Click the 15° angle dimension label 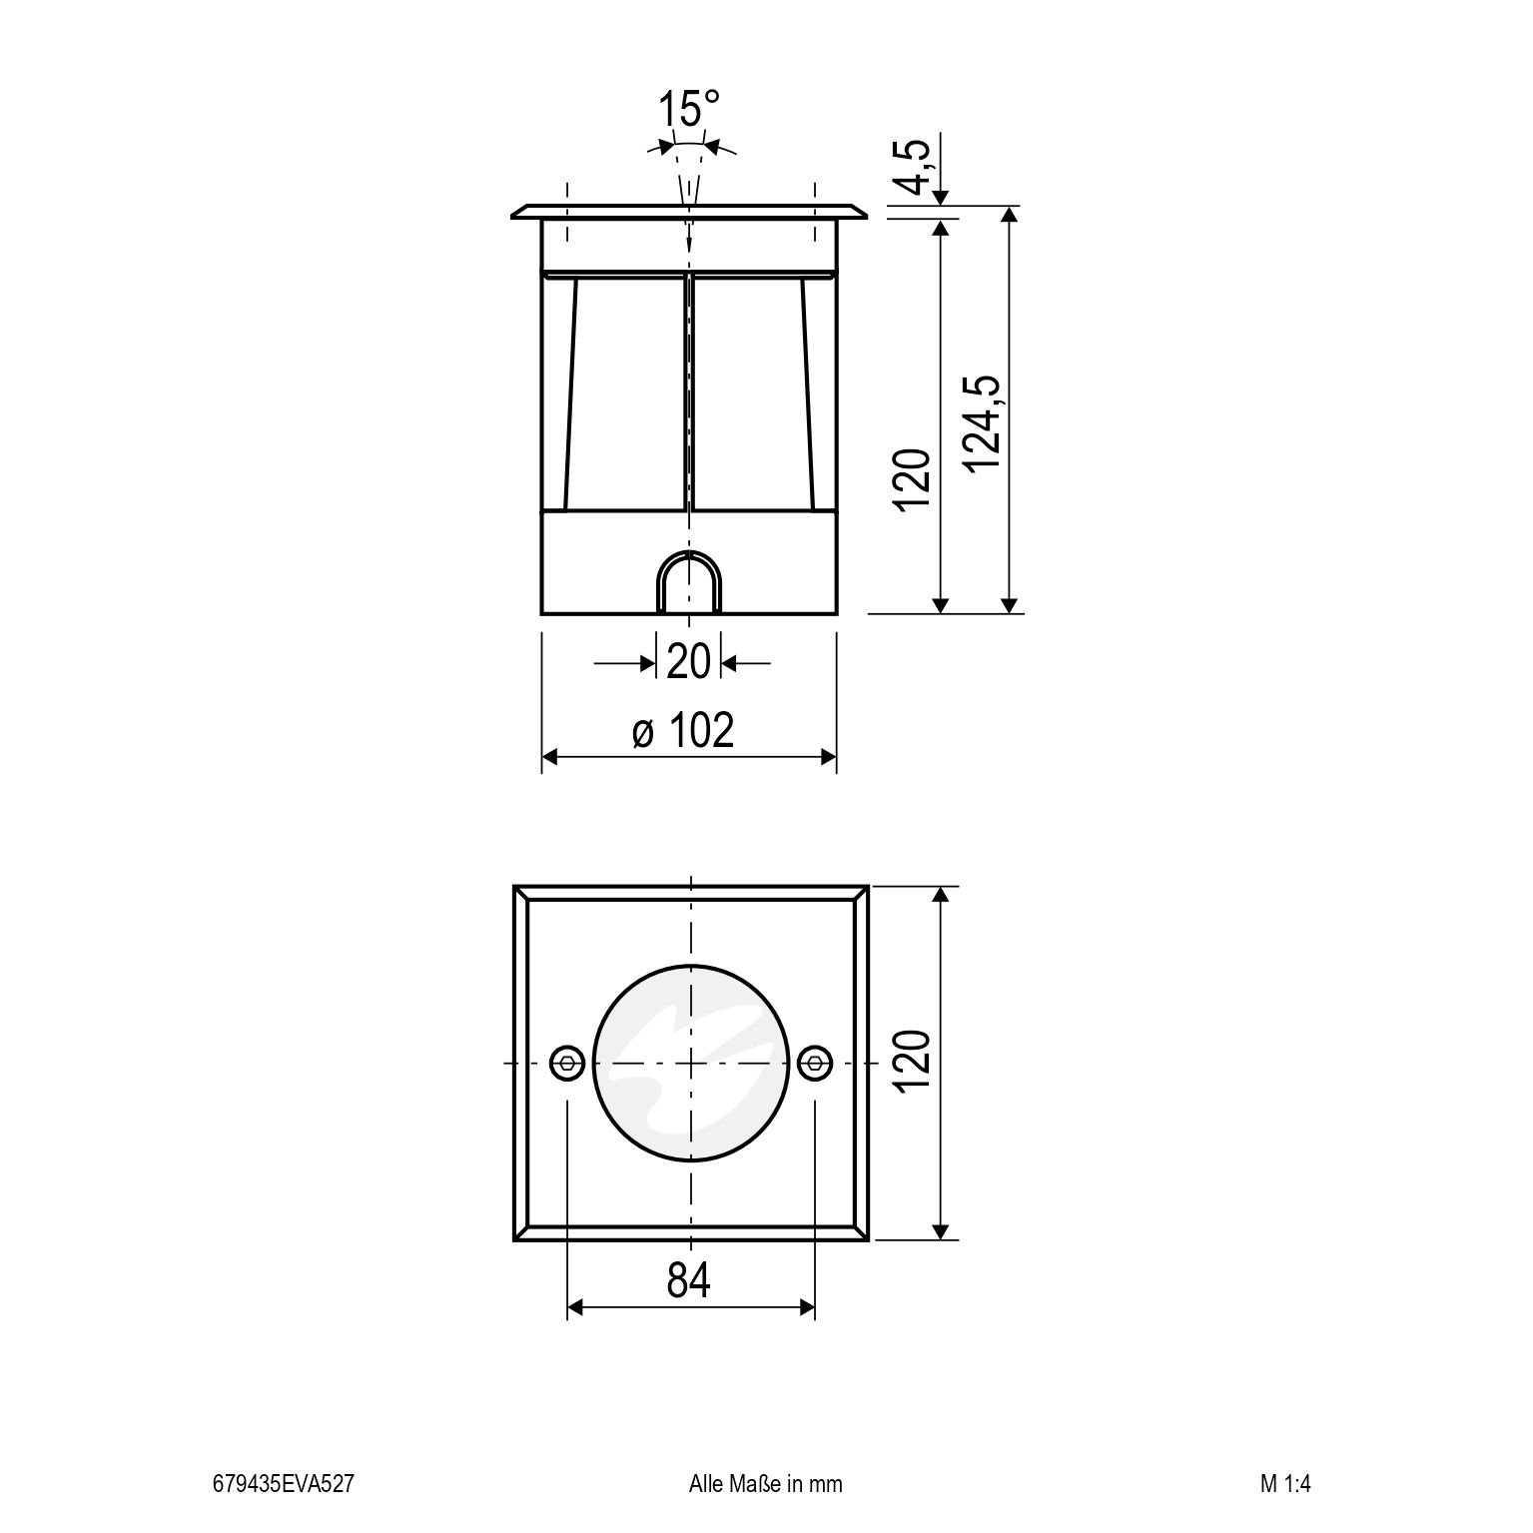coord(689,109)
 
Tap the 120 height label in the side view coord(913,480)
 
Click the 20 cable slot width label coord(688,661)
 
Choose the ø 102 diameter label coord(684,731)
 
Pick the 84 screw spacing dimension coord(689,1280)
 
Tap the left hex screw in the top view coord(567,1063)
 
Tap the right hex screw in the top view coord(815,1063)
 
